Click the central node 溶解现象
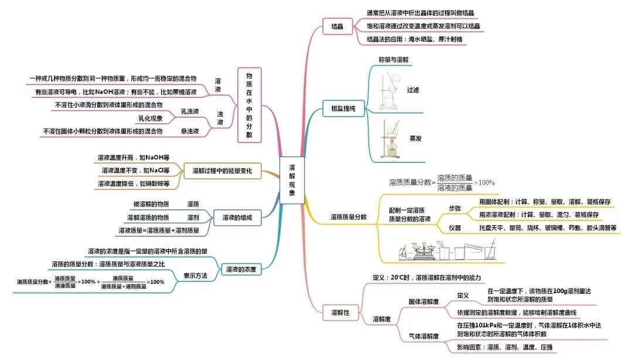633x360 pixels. (x=292, y=180)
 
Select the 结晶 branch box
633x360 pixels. (x=337, y=26)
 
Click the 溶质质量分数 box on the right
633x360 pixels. (x=349, y=216)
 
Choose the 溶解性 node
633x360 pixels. (x=338, y=313)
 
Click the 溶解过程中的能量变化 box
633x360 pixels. (x=222, y=171)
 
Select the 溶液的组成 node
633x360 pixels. (x=237, y=218)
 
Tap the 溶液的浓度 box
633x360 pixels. (x=241, y=270)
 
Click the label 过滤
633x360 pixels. (x=413, y=90)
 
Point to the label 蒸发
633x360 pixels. (x=416, y=138)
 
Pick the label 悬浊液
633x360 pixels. (x=189, y=131)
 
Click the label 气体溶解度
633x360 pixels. (x=423, y=336)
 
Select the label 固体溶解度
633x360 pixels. (x=423, y=301)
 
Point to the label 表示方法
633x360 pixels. (x=195, y=276)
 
